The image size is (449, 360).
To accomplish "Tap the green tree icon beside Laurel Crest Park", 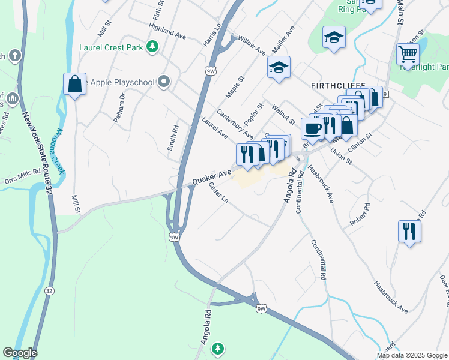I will (x=153, y=46).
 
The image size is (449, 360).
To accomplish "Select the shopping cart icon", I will (x=408, y=55).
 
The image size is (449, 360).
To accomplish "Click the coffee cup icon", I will (x=312, y=128).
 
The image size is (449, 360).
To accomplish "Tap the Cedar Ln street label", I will (x=218, y=193).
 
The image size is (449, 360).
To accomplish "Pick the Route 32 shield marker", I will (x=49, y=291).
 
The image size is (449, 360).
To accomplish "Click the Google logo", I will (x=20, y=353).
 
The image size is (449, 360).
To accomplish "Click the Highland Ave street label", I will (x=167, y=31).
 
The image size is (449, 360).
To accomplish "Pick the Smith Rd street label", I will (x=173, y=137).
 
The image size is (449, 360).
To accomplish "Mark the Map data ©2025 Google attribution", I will (x=412, y=355).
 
